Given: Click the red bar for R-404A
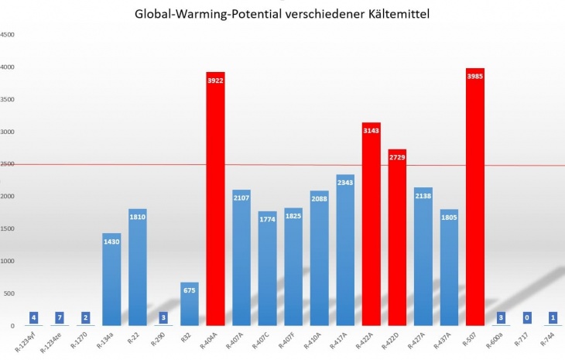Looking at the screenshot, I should tap(215, 201).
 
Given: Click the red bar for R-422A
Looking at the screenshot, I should tap(371, 225).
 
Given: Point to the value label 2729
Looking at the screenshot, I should tap(397, 158).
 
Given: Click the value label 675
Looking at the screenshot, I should tap(189, 290).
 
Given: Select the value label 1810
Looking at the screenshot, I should tap(138, 217).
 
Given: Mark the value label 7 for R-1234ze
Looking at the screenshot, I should tap(60, 317).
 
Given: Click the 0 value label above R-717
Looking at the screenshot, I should tap(526, 317).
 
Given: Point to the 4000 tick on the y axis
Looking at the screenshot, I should tap(7, 67).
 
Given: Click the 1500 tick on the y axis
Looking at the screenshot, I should tap(7, 228).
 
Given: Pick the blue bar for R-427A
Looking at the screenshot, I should tap(423, 255).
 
